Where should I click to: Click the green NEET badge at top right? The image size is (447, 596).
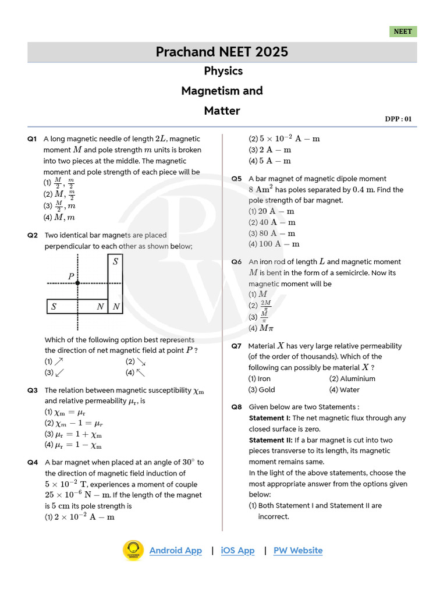tap(403, 31)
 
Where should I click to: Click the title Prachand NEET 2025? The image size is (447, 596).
tap(222, 52)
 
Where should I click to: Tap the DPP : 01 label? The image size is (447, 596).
tap(398, 119)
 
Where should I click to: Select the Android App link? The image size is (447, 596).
tap(176, 551)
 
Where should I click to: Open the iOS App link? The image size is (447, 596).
tap(237, 551)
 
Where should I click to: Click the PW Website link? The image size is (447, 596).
tap(298, 551)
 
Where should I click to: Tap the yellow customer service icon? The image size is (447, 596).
tap(133, 551)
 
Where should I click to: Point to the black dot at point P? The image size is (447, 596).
tap(78, 283)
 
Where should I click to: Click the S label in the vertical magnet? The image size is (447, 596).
tap(116, 262)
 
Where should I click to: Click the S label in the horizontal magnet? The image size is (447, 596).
tap(54, 306)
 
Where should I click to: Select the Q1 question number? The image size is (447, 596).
tap(32, 139)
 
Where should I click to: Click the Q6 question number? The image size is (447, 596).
tap(236, 262)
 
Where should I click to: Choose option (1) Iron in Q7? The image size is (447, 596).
tap(260, 379)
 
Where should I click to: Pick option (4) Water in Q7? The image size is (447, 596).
tap(344, 390)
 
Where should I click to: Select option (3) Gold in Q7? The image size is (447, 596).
tap(261, 390)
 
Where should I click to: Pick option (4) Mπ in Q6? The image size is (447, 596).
tap(258, 328)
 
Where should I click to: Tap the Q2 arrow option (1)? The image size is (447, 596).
tap(55, 361)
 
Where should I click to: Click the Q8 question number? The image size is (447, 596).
tap(236, 407)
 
